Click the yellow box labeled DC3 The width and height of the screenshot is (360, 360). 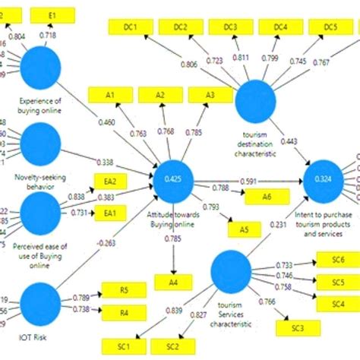[230, 28]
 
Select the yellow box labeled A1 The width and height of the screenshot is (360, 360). [110, 95]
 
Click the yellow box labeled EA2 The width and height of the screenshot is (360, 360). [110, 182]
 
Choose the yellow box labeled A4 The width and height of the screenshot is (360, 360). [174, 283]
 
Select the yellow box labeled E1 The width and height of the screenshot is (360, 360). [52, 14]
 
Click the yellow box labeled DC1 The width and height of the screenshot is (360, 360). [130, 28]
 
